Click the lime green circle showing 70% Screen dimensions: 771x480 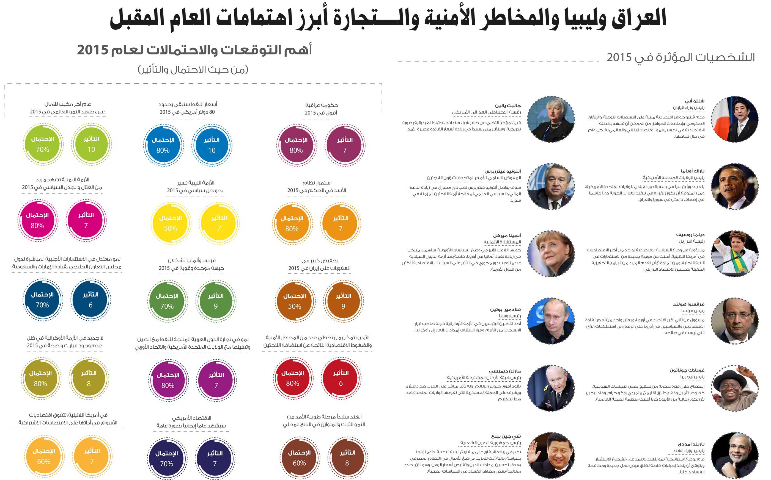coord(43,145)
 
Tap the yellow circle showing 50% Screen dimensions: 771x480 coord(170,223)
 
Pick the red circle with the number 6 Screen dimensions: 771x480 coord(341,378)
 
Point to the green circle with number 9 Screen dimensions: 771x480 coord(216,301)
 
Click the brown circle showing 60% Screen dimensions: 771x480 coord(299,458)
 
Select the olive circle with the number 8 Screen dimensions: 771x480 coord(89,378)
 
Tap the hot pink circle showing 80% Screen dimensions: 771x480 coord(37,221)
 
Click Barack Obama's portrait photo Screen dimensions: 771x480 coord(734,187)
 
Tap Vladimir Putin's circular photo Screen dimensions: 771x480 coord(551,321)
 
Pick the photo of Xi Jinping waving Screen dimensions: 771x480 coord(551,456)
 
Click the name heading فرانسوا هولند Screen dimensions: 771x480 coord(688,304)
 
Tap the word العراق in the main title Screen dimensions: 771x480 coord(639,18)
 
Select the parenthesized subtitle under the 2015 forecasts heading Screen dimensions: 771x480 coord(193,69)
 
